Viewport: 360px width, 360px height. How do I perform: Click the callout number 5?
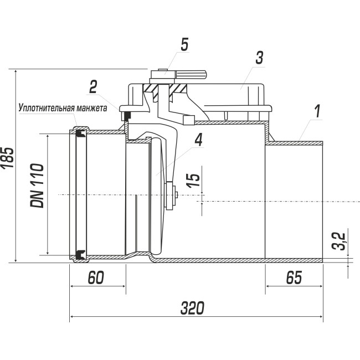184,44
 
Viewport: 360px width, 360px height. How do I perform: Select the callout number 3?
259,58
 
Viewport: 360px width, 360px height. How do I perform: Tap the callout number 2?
93,86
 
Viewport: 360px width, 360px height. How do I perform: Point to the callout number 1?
317,111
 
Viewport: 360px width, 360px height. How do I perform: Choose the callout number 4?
199,140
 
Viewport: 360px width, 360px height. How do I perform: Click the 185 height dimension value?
8,158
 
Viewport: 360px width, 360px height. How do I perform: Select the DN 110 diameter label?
37,186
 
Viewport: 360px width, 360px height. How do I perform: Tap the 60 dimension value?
96,277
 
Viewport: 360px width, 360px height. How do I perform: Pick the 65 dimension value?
294,277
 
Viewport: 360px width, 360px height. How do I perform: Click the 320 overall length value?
192,308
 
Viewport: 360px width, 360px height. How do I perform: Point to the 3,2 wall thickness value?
338,241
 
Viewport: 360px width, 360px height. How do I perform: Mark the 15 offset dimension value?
193,180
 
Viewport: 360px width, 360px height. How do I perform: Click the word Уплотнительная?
47,108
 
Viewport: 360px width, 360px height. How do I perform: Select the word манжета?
92,109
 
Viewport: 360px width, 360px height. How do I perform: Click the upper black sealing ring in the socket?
80,133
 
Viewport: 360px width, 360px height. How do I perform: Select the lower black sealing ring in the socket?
80,254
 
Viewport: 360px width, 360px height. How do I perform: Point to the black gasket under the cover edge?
127,116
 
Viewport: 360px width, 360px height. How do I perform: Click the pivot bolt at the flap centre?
171,196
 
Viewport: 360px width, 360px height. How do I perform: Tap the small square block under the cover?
189,120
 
